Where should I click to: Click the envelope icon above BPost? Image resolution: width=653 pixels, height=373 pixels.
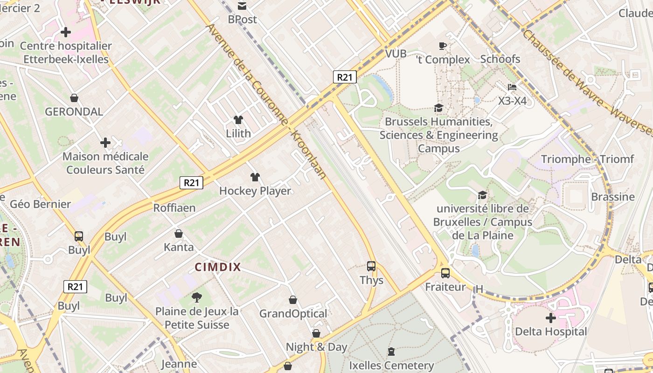click(x=242, y=6)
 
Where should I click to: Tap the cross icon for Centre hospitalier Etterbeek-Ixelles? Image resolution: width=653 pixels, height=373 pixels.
click(x=66, y=32)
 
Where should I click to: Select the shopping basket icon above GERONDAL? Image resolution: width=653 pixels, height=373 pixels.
click(x=74, y=98)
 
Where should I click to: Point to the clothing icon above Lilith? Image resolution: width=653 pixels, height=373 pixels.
click(x=238, y=120)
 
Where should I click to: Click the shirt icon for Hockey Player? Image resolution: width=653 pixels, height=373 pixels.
click(x=255, y=177)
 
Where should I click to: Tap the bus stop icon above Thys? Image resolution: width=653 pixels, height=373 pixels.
click(x=371, y=266)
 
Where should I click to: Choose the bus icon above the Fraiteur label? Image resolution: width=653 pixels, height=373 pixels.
click(x=445, y=273)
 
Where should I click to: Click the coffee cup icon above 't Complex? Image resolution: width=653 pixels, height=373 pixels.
click(x=443, y=46)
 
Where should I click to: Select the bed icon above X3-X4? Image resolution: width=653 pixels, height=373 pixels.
click(x=512, y=87)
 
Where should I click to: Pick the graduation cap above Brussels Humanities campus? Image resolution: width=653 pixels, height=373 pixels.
click(x=438, y=108)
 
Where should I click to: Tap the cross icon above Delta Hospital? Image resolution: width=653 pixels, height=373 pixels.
click(x=551, y=318)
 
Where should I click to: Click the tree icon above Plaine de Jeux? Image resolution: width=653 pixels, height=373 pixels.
click(x=197, y=297)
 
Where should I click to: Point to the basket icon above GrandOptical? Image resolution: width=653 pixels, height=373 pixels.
click(x=293, y=300)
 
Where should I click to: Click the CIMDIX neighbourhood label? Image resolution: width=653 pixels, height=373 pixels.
click(x=218, y=267)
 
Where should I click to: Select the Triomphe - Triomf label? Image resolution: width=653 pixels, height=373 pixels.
click(x=587, y=159)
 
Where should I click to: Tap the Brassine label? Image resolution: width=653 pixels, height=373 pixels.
click(x=613, y=197)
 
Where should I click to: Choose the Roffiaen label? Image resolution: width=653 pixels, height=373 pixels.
click(x=174, y=208)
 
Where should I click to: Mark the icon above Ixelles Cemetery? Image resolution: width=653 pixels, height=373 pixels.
click(x=391, y=352)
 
